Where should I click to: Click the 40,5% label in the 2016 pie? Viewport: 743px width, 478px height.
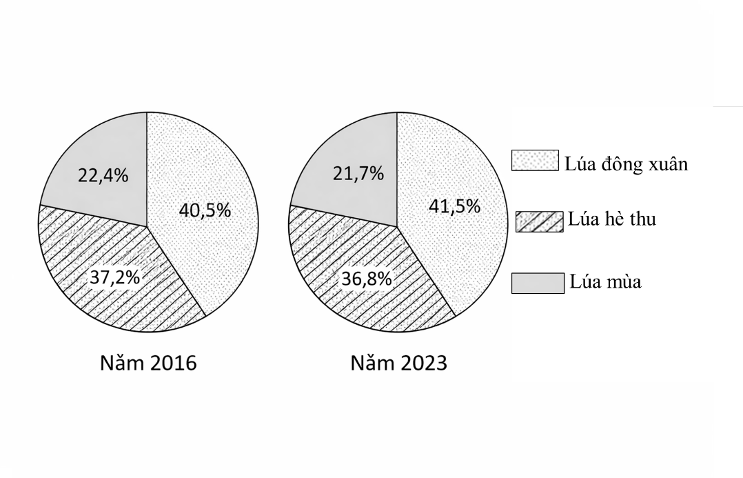205,210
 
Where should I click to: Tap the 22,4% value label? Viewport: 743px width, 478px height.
103,175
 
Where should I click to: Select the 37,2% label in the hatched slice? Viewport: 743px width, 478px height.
115,278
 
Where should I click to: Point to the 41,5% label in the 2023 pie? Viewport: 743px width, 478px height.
454,206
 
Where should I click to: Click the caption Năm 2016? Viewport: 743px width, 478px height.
148,363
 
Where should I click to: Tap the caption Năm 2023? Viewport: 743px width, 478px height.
398,363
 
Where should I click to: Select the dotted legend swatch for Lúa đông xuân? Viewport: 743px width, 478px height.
535,161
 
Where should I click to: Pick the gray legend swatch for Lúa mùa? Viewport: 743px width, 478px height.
538,283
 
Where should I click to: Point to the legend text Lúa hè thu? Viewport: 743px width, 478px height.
611,219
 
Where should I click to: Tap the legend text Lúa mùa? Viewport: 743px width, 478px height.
606,281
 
